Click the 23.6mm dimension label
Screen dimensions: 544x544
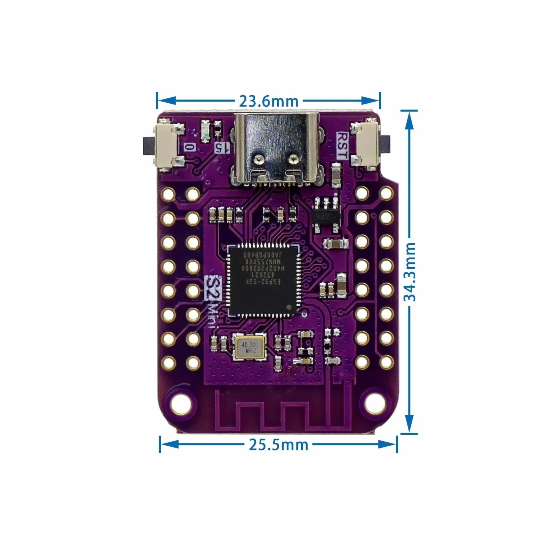[x=268, y=101]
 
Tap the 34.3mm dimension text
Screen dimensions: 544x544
[x=410, y=272]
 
